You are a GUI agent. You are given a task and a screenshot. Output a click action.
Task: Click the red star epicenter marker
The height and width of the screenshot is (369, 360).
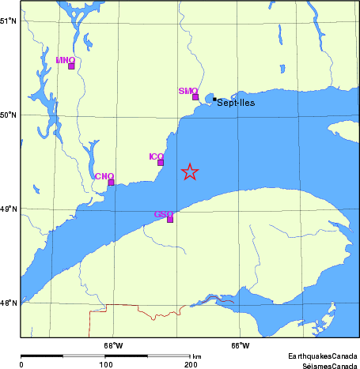(x=190, y=171)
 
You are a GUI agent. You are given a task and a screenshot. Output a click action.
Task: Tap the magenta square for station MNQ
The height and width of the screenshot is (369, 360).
(x=71, y=66)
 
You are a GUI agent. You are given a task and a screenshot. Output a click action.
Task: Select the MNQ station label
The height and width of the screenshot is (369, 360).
(x=66, y=59)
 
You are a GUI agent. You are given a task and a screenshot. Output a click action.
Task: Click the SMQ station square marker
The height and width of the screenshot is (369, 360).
(x=195, y=96)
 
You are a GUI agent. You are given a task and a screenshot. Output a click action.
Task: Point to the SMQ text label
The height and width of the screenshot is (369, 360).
(x=188, y=91)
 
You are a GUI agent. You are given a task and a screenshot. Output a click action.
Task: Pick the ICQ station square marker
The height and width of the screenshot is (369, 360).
(x=161, y=162)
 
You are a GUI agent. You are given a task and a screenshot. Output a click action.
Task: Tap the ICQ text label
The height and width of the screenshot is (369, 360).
(x=156, y=156)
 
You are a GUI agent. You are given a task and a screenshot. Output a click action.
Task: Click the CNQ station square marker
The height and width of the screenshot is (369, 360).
(x=111, y=182)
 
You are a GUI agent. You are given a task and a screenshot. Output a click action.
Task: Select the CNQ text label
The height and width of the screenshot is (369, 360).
(x=104, y=175)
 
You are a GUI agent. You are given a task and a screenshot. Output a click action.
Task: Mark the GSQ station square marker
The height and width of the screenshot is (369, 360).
(x=170, y=219)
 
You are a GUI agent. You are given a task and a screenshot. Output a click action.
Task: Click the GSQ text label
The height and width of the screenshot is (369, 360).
(x=163, y=213)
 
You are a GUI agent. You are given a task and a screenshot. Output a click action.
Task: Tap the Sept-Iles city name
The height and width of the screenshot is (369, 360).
(x=236, y=103)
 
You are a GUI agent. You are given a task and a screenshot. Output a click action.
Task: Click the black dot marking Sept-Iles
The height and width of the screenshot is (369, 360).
(x=214, y=100)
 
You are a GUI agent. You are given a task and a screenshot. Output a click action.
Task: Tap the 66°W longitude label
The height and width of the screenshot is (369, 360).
(x=241, y=345)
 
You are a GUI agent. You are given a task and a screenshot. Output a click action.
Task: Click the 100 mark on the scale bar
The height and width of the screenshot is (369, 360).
(x=104, y=365)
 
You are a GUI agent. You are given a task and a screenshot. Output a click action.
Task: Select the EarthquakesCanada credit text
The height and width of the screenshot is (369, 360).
(x=322, y=355)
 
